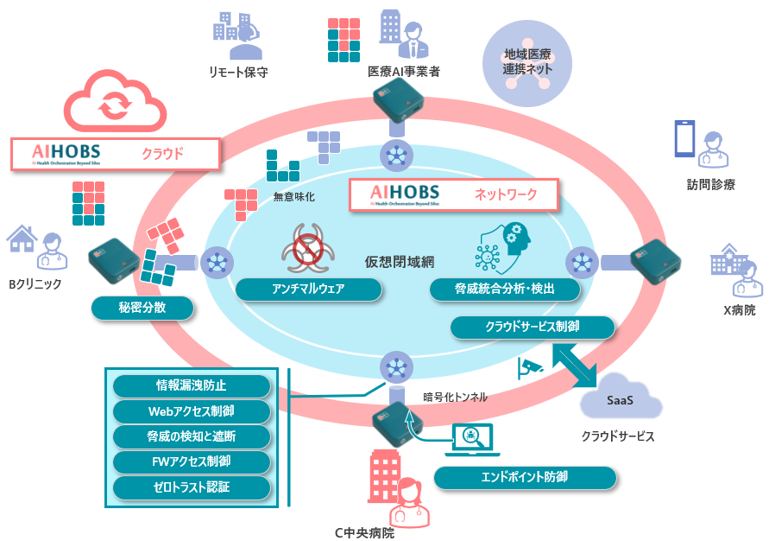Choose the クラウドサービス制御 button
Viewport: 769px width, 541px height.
click(533, 328)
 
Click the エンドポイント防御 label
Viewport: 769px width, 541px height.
click(525, 477)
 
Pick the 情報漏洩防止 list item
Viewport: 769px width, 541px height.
click(192, 385)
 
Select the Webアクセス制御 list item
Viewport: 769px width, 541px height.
click(192, 411)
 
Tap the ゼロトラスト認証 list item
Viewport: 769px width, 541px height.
click(192, 487)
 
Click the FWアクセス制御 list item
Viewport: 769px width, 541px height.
click(192, 461)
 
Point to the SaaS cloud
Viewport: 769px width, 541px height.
click(621, 399)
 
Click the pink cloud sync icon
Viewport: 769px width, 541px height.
click(112, 105)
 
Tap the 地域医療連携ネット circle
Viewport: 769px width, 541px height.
click(527, 62)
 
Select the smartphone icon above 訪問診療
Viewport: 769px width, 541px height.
click(684, 138)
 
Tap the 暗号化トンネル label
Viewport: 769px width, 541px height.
click(455, 397)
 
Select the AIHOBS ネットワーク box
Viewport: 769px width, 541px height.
click(453, 194)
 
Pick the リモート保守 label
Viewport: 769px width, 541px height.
click(238, 73)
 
